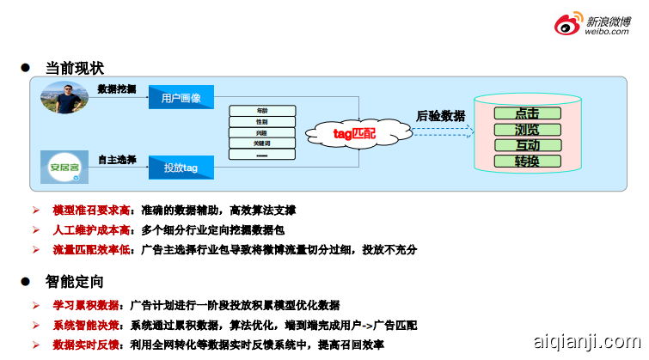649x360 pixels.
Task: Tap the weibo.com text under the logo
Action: point(607,32)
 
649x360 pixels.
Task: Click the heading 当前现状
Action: point(75,68)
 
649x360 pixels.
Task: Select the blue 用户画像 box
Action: point(181,98)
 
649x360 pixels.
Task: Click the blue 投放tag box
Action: point(181,168)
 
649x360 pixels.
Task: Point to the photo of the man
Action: point(64,98)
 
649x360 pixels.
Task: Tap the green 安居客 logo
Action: point(64,166)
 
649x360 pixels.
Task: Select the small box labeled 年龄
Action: point(262,110)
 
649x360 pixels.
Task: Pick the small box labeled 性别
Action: point(262,122)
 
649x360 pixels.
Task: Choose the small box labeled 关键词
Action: point(262,143)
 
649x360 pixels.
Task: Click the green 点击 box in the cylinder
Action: point(527,113)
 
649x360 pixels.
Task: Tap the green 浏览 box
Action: point(527,129)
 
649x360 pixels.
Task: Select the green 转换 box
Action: point(527,161)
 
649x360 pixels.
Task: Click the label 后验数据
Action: point(440,115)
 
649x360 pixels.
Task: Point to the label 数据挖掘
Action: point(116,88)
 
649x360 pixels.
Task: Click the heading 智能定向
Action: point(75,281)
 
